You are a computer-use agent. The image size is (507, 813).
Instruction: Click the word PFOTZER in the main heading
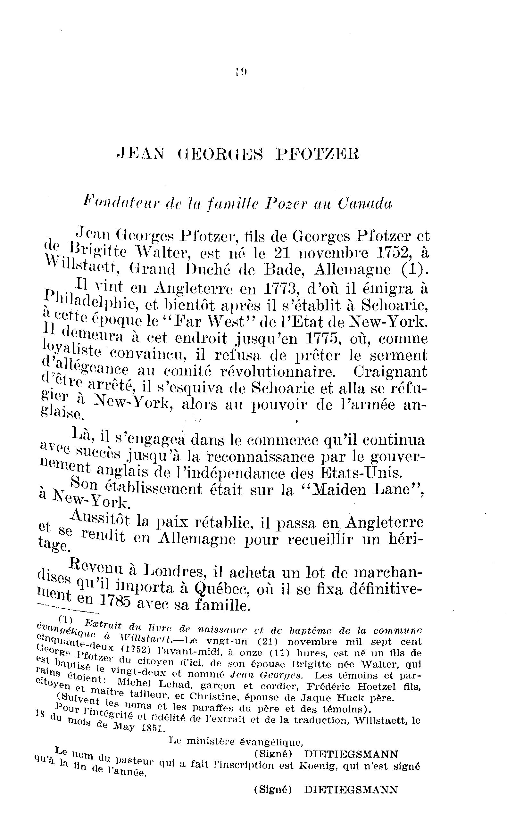point(317,154)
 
